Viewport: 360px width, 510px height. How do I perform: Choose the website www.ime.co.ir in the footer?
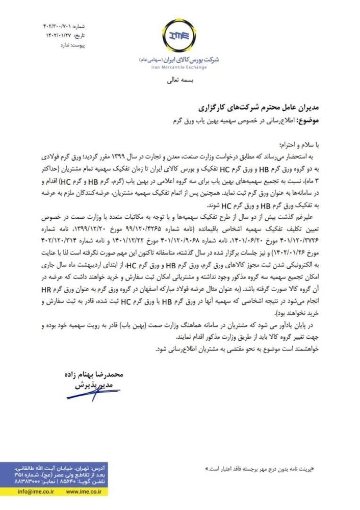click(101, 493)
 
